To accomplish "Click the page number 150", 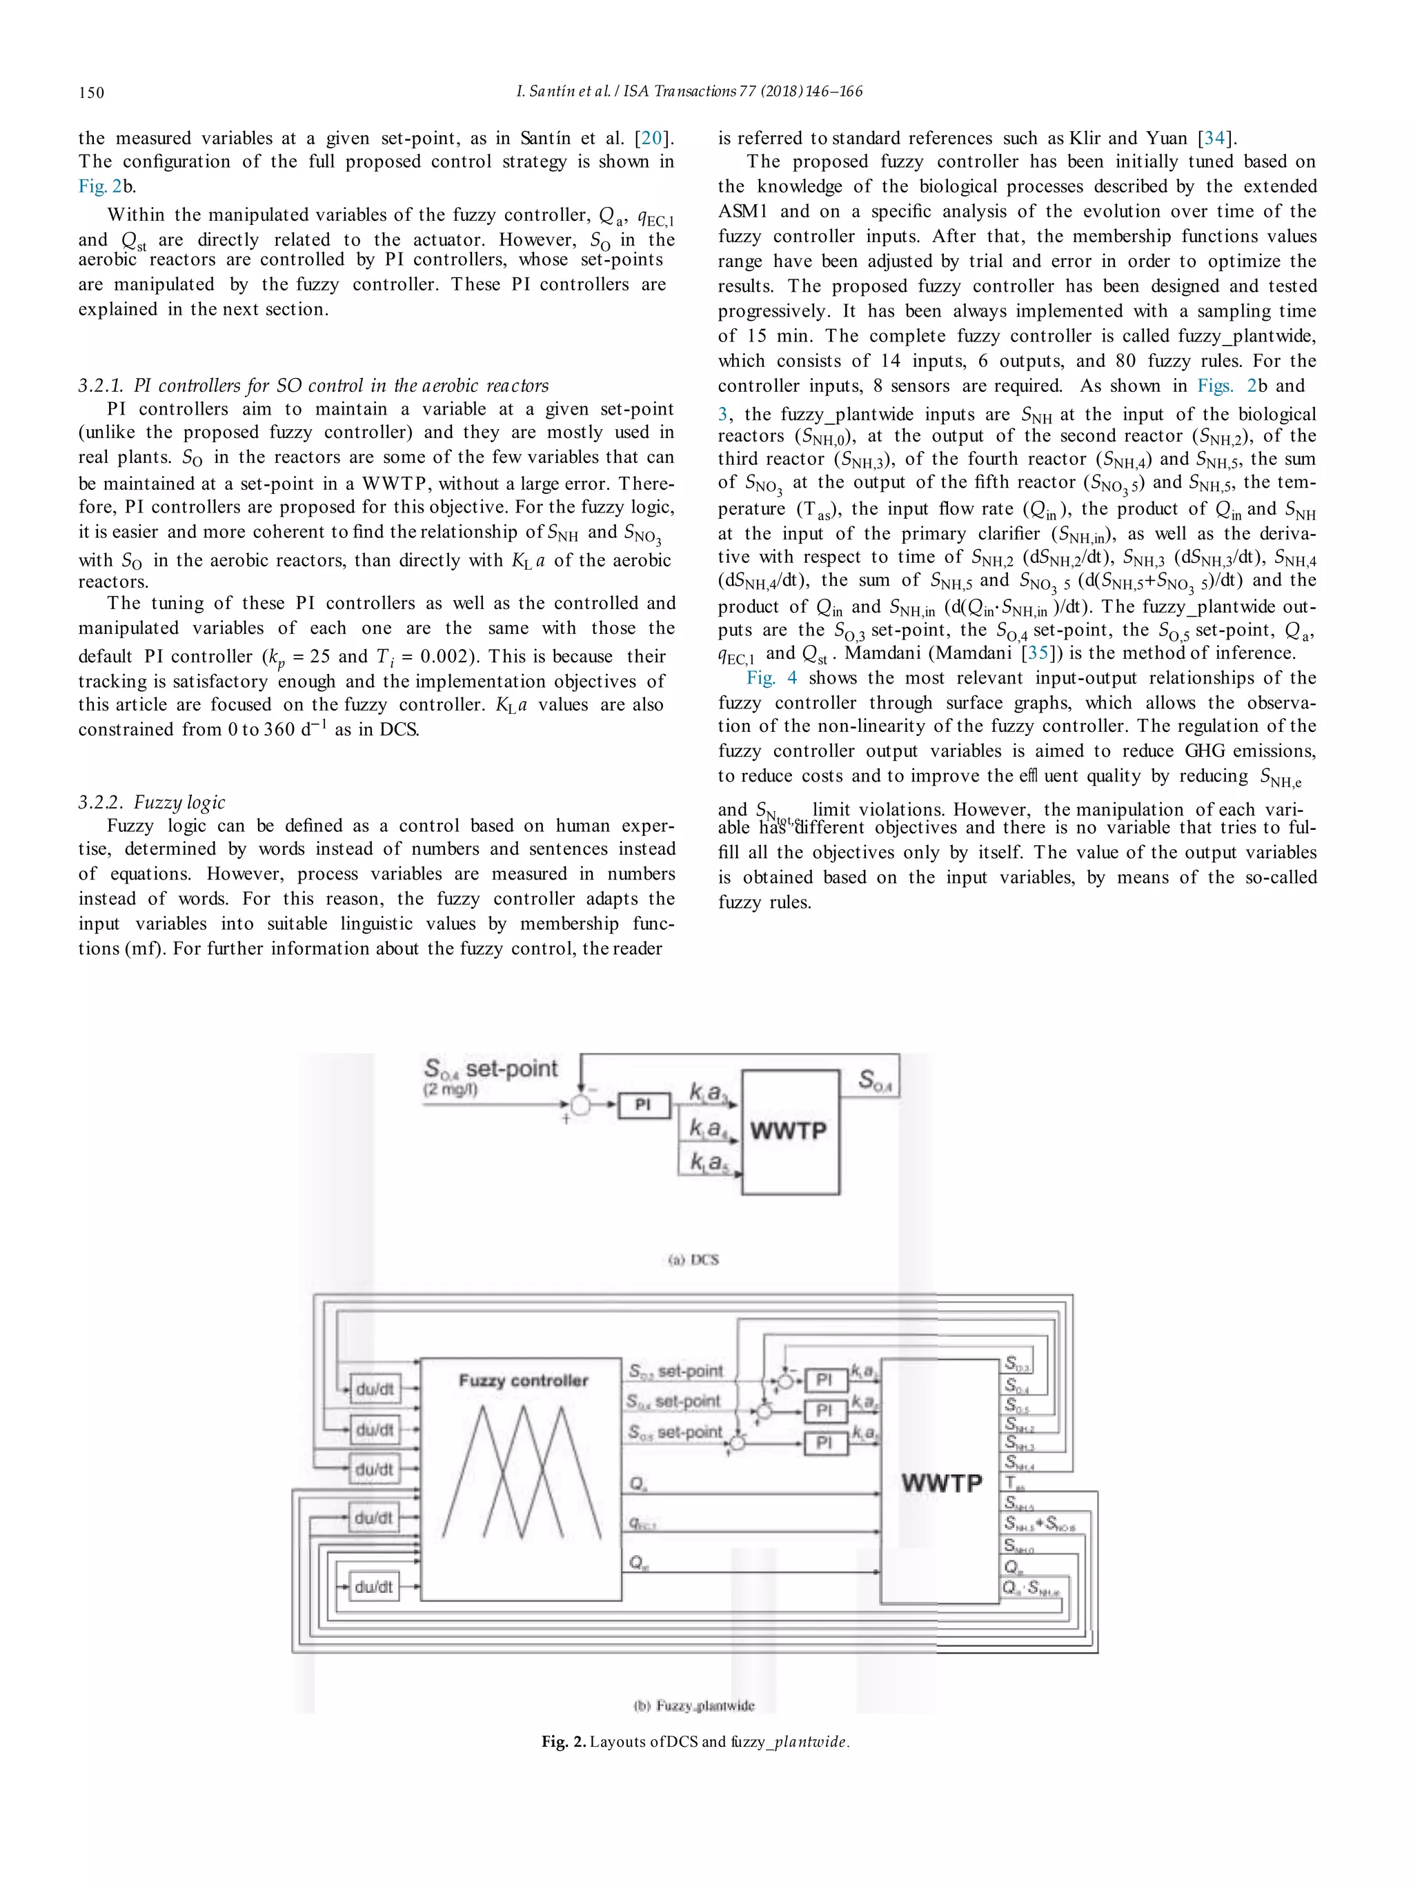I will [x=91, y=92].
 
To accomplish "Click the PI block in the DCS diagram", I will [x=643, y=1104].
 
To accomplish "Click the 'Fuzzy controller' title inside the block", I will [x=523, y=1380].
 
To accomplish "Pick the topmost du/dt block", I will [x=375, y=1389].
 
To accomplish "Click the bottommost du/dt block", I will [x=375, y=1587].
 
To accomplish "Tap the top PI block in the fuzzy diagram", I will [x=824, y=1379].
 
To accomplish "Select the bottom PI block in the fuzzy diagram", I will [x=824, y=1442].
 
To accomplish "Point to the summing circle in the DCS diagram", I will [x=580, y=1104].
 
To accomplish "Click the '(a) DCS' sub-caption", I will [x=693, y=1260].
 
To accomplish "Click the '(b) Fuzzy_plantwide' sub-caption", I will [x=694, y=1705].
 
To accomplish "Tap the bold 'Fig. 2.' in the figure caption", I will [x=564, y=1742].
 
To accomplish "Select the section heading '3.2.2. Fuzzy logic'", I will [x=152, y=802].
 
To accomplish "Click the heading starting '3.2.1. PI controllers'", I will [x=313, y=385].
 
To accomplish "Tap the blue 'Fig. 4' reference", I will [x=771, y=678].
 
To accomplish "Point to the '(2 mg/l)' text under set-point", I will [x=451, y=1089].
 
